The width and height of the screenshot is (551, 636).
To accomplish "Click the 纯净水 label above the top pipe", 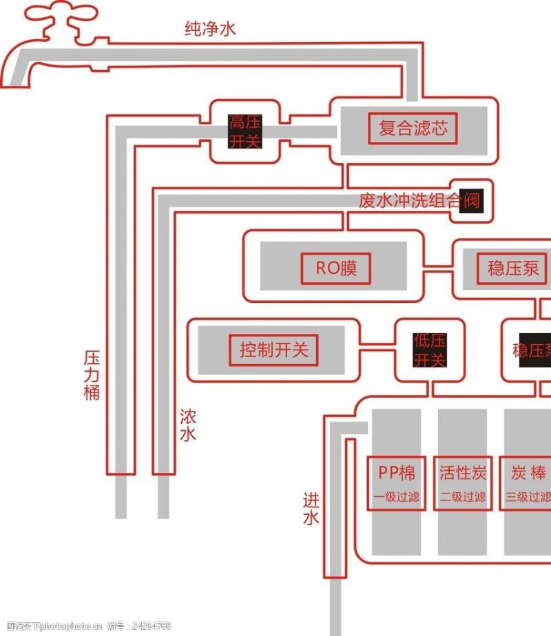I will pos(210,29).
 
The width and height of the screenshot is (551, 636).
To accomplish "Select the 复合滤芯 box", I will pos(413,128).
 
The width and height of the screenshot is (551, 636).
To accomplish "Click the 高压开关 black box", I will pos(245,132).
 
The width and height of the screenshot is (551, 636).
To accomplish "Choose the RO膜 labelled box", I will pos(336,268).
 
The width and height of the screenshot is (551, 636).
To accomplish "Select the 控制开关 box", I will pos(273,350).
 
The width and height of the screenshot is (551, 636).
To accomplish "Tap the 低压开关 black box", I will pos(430,350).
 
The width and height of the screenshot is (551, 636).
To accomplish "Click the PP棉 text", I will pos(397,473).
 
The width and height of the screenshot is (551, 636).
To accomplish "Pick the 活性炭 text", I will pos(463,473).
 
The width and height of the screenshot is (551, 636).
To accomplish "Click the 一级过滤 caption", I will pos(397,497).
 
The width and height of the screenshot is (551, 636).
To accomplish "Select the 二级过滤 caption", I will pos(463,497).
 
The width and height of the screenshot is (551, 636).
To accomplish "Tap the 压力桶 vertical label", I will pos(92,375).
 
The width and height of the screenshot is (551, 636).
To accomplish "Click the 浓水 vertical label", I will pos(187,425).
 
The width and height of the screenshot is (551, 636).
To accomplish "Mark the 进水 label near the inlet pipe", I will pos(311,509).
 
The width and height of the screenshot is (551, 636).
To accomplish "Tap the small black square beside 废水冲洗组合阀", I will pos(471,201).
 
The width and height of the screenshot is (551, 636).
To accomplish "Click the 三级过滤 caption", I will pos(528,497).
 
